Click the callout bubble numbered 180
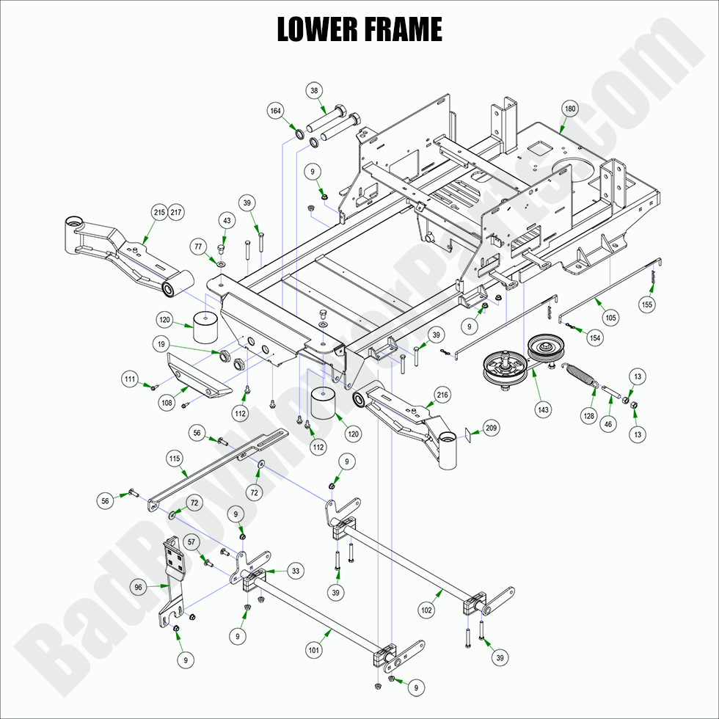(x=570, y=109)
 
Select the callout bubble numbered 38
(x=315, y=91)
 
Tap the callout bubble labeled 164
(x=275, y=111)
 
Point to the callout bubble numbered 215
(x=159, y=212)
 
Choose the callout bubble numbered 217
(x=176, y=212)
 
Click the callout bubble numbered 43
(x=226, y=221)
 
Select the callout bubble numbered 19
(x=161, y=343)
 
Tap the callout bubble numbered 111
(x=130, y=379)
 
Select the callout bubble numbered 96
(x=138, y=587)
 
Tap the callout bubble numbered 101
(x=315, y=649)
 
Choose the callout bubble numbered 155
(x=647, y=304)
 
